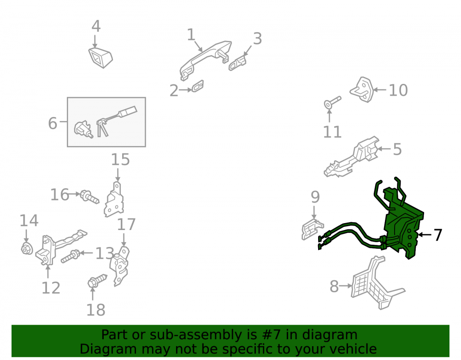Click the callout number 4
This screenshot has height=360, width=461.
tap(96, 26)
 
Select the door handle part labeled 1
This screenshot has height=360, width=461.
tap(206, 59)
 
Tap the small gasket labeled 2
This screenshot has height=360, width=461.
tap(198, 86)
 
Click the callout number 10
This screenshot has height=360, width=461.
tap(398, 90)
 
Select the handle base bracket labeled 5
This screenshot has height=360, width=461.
tap(351, 157)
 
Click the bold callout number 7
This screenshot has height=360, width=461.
tap(438, 235)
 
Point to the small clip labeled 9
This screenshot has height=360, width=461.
tap(312, 229)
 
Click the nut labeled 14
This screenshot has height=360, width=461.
tap(27, 248)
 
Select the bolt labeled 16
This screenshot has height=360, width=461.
tap(90, 197)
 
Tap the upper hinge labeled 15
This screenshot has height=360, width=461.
tap(114, 200)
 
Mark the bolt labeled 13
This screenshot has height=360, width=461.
tap(71, 257)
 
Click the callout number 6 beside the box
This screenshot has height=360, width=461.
tap(53, 123)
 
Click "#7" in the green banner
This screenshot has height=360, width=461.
tap(268, 335)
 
